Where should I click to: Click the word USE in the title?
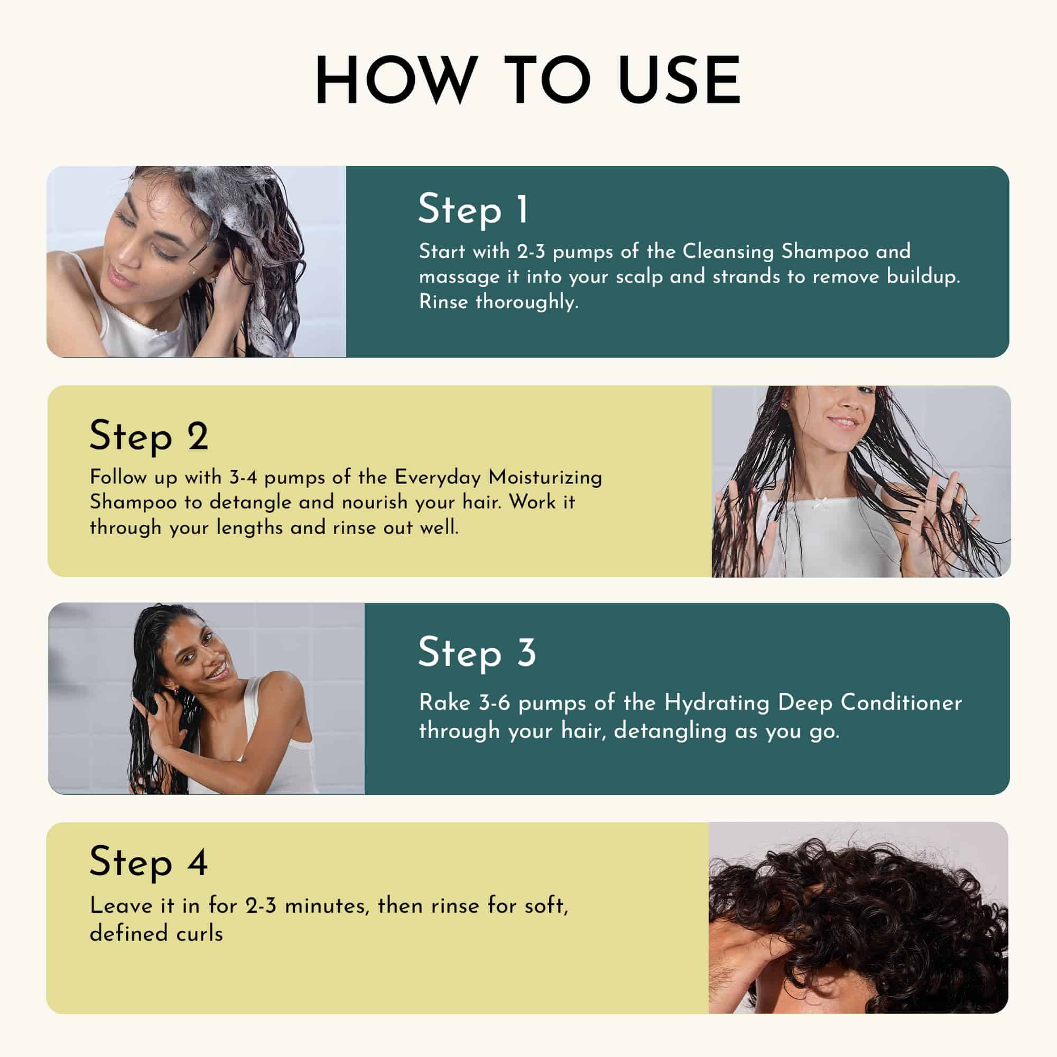[x=680, y=80]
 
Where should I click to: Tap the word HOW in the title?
[x=393, y=80]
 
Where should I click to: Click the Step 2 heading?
[x=149, y=437]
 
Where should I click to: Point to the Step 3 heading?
[x=477, y=653]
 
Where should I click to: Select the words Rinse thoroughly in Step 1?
[x=498, y=302]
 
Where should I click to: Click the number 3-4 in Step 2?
[x=243, y=478]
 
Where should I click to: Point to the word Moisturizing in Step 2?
[x=545, y=478]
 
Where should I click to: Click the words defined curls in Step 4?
[x=156, y=933]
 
